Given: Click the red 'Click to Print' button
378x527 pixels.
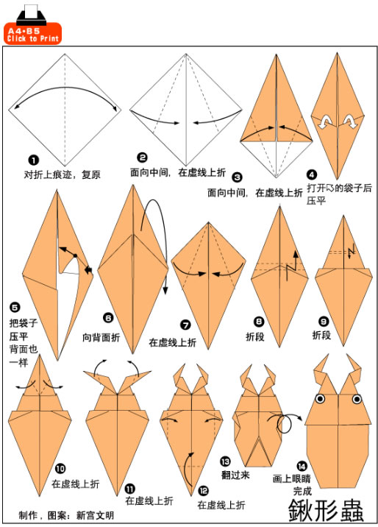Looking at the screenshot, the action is [x=32, y=34].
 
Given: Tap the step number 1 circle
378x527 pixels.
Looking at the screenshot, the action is [x=34, y=160].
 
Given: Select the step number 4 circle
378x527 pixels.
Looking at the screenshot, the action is [x=312, y=174].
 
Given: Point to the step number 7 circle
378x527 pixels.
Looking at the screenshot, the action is [x=185, y=325].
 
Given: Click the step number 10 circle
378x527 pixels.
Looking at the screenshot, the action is [x=60, y=468].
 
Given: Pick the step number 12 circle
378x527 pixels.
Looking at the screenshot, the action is [x=203, y=491].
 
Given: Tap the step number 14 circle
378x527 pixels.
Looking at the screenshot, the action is [x=302, y=466].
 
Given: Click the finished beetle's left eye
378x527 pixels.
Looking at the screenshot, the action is [x=320, y=399].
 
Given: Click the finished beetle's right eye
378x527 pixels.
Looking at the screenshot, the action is [x=357, y=399].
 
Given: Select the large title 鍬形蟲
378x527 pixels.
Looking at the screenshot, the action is [x=326, y=510].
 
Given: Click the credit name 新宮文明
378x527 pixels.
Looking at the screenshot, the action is [x=95, y=515].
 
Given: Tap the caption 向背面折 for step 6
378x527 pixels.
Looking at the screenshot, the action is [x=101, y=337].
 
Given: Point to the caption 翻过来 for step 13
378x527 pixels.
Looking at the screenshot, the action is [x=235, y=475].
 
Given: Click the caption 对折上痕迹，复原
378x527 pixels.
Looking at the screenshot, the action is [x=62, y=174].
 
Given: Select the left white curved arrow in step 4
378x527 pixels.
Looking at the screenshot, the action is [x=325, y=121].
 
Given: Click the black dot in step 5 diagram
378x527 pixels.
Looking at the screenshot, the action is [x=75, y=255].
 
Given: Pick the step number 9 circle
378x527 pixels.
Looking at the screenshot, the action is [x=324, y=322].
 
